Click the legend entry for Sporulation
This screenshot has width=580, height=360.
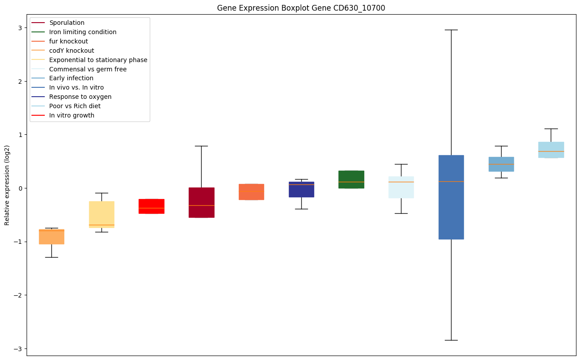pos(67,23)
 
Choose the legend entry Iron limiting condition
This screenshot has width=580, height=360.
pos(83,32)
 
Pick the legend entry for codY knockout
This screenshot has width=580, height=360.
pos(72,51)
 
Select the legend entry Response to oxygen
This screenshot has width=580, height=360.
pos(80,97)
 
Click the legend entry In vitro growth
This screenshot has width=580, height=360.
pos(72,115)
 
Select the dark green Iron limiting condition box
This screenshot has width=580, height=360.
pos(351,179)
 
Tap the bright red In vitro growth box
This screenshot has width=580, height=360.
pos(151,206)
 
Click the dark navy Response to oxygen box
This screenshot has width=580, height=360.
pos(301,189)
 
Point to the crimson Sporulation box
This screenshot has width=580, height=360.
pos(201,202)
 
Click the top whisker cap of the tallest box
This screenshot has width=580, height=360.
pos(451,30)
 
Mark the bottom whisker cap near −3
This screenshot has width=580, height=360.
pos(451,340)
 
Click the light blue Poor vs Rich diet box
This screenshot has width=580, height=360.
pos(551,150)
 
